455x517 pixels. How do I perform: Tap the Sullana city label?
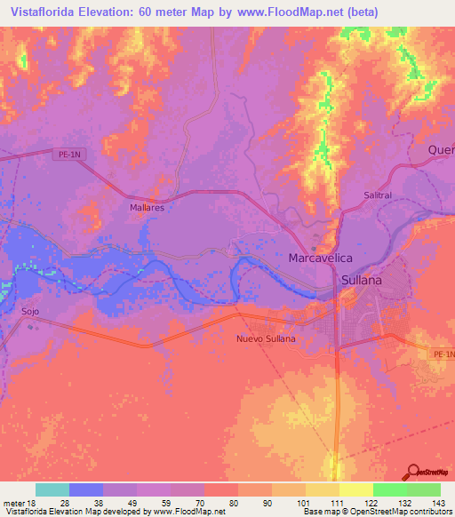click(361, 280)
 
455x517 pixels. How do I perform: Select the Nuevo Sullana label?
click(265, 339)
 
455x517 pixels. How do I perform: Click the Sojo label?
click(30, 312)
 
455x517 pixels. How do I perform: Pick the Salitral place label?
click(378, 195)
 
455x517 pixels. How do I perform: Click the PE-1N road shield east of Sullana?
click(442, 355)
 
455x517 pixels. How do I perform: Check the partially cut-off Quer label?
click(441, 149)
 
